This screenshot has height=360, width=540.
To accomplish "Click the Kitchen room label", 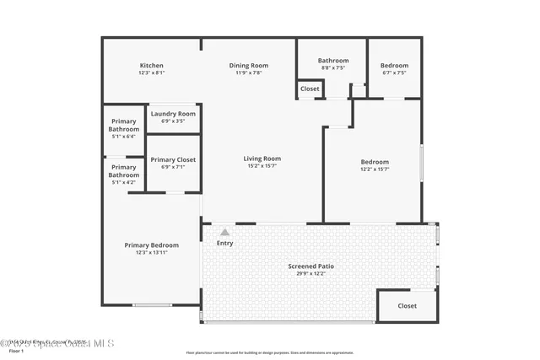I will pyautogui.click(x=152, y=66).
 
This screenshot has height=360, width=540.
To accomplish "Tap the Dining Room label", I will pyautogui.click(x=248, y=66).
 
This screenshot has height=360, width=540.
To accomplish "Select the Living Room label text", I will pyautogui.click(x=262, y=159).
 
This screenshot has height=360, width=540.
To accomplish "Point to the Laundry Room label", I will pyautogui.click(x=173, y=114).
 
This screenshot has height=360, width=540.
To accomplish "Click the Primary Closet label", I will pyautogui.click(x=173, y=159).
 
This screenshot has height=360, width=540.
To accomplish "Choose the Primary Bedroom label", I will pyautogui.click(x=152, y=245).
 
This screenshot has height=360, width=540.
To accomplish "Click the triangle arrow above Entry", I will pyautogui.click(x=224, y=232).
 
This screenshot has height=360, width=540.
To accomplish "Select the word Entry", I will pyautogui.click(x=224, y=244).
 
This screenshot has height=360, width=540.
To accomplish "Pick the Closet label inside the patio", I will pyautogui.click(x=407, y=306).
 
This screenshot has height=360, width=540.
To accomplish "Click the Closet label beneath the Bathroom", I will pyautogui.click(x=310, y=89).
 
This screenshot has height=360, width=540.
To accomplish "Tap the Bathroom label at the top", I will pyautogui.click(x=332, y=61).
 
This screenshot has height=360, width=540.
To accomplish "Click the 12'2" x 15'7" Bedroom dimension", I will pyautogui.click(x=375, y=169).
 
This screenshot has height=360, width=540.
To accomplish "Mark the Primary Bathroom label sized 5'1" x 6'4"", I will pyautogui.click(x=123, y=126).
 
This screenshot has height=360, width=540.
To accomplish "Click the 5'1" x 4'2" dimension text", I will pyautogui.click(x=123, y=182).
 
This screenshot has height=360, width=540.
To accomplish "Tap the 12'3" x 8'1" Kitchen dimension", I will pyautogui.click(x=152, y=73).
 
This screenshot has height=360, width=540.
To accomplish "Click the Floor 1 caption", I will pyautogui.click(x=16, y=351).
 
